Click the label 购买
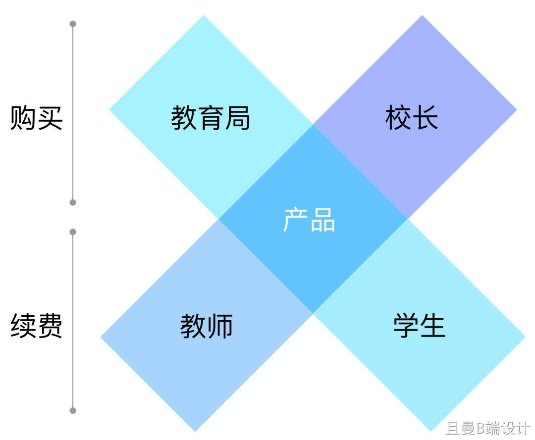[x=37, y=119]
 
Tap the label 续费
[x=37, y=326]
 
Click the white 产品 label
[x=310, y=220]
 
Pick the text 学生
[x=420, y=326]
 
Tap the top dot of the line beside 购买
[x=73, y=24]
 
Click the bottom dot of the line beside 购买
[x=73, y=202]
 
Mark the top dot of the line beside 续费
[x=73, y=232]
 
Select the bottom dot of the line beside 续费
[x=73, y=410]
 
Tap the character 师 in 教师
[x=220, y=326]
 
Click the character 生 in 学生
[x=433, y=326]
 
